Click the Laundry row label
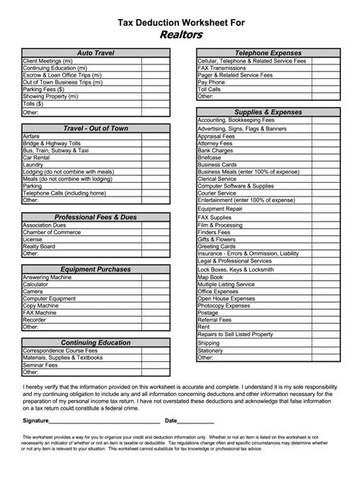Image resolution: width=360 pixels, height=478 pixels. tap(33, 165)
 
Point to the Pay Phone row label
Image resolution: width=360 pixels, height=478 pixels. tap(213, 82)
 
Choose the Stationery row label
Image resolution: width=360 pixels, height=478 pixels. tap(211, 351)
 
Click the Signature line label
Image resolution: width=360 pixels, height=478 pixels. tap(36, 420)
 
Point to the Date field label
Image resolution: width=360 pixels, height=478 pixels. tap(171, 420)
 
